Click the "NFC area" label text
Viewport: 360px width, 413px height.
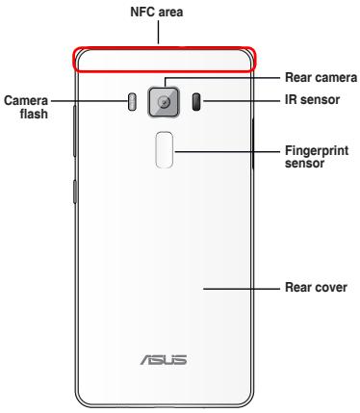[x=163, y=13]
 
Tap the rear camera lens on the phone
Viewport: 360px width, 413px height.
[x=164, y=101]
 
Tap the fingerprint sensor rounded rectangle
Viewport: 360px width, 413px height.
[x=165, y=148]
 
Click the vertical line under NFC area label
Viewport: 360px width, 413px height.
[x=163, y=33]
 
